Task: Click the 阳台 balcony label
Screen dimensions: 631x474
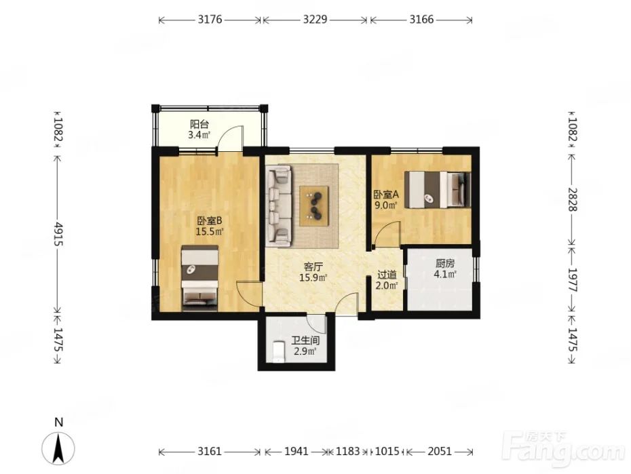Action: pos(199,124)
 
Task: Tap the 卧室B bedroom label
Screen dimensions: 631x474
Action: pos(210,220)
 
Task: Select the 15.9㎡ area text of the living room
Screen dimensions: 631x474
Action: pos(313,277)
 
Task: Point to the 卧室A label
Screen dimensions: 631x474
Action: pos(386,195)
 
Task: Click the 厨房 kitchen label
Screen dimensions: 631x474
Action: pos(445,264)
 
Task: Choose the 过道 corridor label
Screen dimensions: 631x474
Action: pos(387,275)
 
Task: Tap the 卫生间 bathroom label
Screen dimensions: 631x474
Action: pos(306,341)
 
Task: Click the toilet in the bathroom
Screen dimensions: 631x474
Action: pos(278,352)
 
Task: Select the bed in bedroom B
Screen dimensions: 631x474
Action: pos(199,278)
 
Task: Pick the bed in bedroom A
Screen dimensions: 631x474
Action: pos(438,189)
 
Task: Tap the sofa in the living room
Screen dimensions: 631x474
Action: pos(279,207)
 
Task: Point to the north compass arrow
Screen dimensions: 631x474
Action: pos(59,448)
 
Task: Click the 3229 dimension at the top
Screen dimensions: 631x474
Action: pos(315,19)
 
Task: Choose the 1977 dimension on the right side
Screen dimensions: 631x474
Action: pos(572,280)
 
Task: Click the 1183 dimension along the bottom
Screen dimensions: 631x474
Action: pos(347,452)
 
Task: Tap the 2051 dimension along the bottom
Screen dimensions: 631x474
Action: pos(440,452)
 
